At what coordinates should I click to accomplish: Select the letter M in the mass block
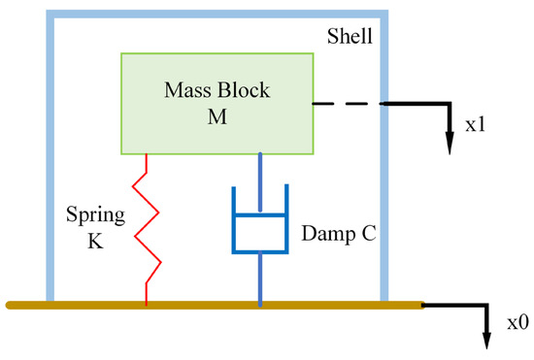pyautogui.click(x=216, y=114)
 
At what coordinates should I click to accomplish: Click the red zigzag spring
pyautogui.click(x=146, y=229)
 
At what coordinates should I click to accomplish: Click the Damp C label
pyautogui.click(x=339, y=233)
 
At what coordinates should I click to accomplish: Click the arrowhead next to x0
pyautogui.click(x=484, y=340)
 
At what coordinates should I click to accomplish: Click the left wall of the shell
pyautogui.click(x=48, y=155)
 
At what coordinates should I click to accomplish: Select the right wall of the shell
pyautogui.click(x=384, y=194)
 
